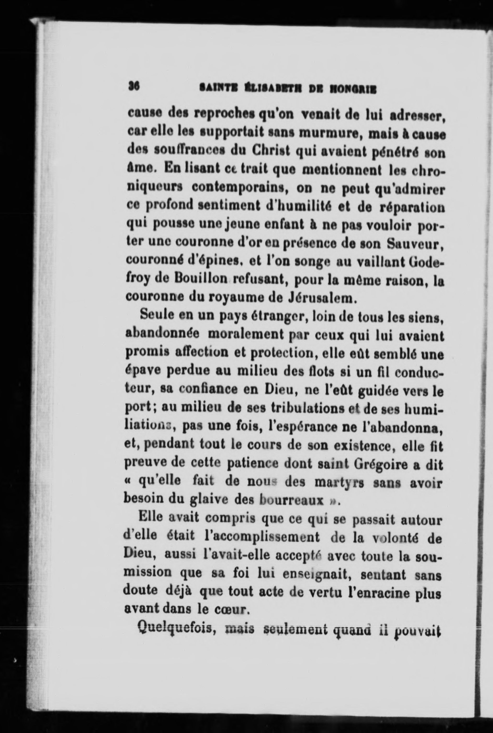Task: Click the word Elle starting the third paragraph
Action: tap(151, 520)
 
